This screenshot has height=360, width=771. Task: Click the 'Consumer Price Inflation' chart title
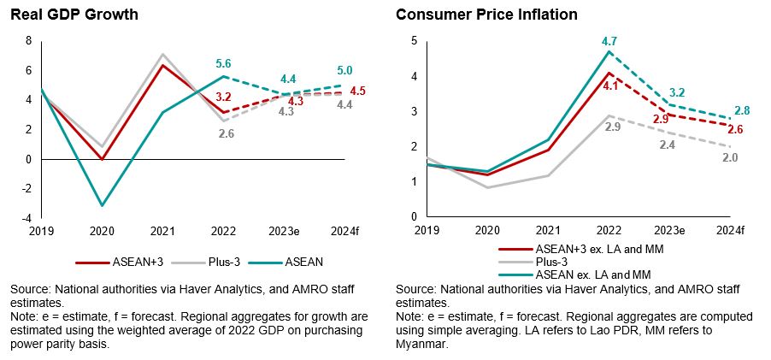click(486, 15)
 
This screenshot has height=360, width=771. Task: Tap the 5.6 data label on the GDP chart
click(222, 63)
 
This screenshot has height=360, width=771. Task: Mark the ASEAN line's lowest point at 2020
click(102, 205)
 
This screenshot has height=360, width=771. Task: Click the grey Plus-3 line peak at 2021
click(162, 54)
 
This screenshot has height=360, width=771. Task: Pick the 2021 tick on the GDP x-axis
click(162, 230)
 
